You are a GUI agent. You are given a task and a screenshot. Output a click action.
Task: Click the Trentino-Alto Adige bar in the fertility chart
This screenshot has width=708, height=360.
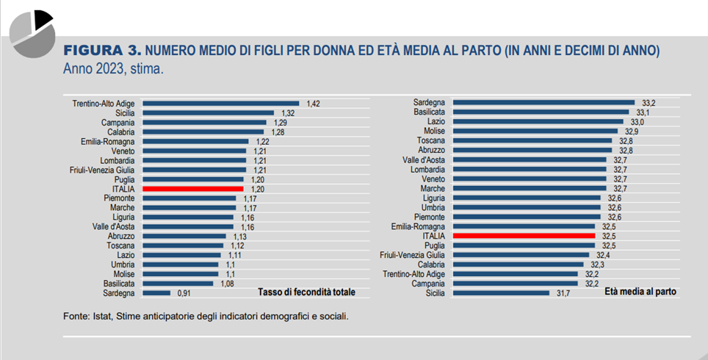pyautogui.click(x=220, y=104)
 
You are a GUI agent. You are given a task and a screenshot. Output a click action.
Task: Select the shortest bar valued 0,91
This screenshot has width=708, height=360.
pyautogui.click(x=156, y=292)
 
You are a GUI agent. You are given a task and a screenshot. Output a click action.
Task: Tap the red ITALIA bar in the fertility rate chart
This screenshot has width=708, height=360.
pyautogui.click(x=192, y=189)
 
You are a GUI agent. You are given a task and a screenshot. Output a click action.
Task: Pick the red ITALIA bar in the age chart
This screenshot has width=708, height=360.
pyautogui.click(x=524, y=237)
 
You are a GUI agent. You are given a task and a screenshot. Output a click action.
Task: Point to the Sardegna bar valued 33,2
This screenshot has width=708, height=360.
pyautogui.click(x=543, y=103)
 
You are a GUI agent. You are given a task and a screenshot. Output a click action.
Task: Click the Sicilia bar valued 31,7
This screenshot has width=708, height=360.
pyautogui.click(x=501, y=292)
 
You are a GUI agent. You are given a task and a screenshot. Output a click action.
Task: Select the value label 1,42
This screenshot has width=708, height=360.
pyautogui.click(x=314, y=104)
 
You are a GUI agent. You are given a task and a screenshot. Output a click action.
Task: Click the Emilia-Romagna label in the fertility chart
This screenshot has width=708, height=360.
pyautogui.click(x=108, y=141)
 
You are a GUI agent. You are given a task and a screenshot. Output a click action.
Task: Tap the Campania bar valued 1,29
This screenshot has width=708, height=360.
pyautogui.click(x=204, y=123)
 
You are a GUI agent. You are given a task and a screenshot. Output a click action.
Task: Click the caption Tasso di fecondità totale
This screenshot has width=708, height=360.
pyautogui.click(x=306, y=292)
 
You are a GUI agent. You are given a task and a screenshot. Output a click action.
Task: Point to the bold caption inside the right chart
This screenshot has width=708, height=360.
pyautogui.click(x=640, y=292)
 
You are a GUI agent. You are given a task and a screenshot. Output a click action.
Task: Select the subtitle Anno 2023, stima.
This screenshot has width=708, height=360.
pyautogui.click(x=112, y=70)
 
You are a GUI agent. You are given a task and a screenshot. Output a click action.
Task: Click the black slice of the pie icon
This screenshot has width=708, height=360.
pyautogui.click(x=42, y=19)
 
